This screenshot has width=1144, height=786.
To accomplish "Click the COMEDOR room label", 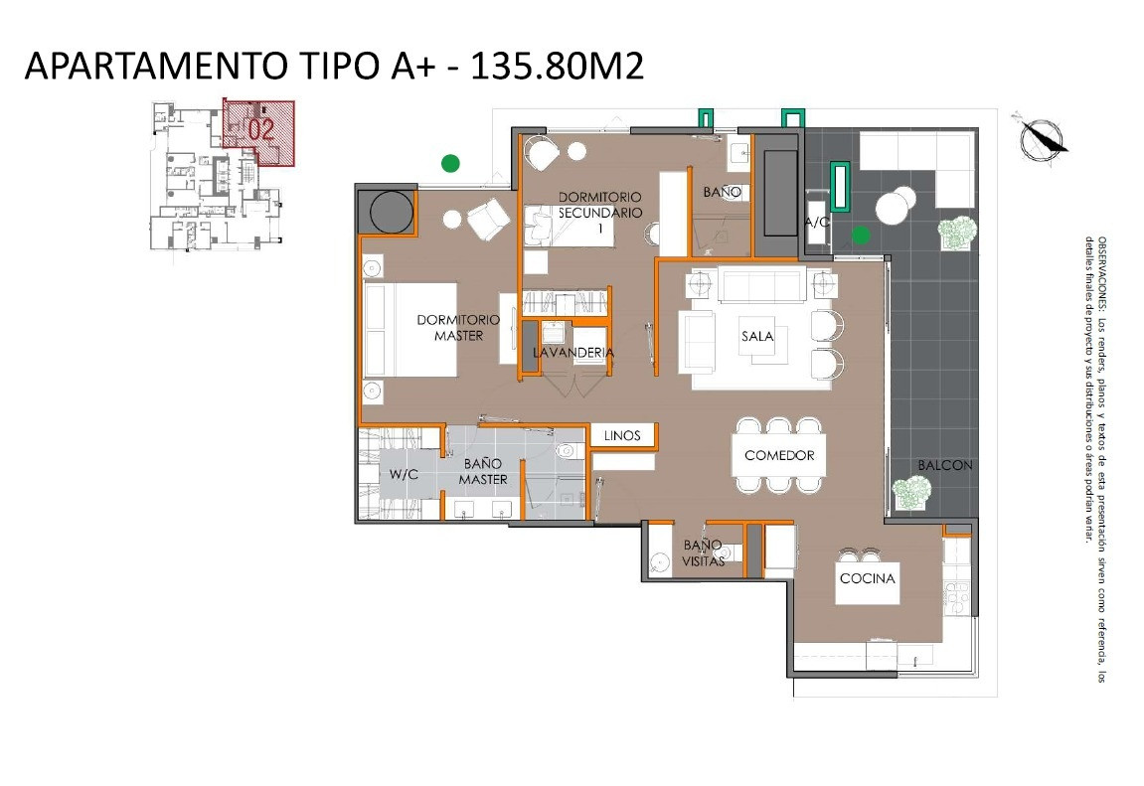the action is [x=779, y=455].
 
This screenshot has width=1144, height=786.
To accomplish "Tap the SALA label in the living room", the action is [x=757, y=336].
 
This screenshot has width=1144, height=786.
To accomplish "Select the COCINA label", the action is [x=867, y=578].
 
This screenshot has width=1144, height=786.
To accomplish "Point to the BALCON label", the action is [x=945, y=464].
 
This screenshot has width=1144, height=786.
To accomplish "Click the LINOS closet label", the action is [x=622, y=435].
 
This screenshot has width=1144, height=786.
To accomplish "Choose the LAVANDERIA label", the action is [x=573, y=352].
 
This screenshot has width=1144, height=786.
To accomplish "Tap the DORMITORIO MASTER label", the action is [x=458, y=327].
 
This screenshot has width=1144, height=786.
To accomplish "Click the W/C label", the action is [x=404, y=474].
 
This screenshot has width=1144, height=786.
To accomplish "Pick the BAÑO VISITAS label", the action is [x=704, y=552].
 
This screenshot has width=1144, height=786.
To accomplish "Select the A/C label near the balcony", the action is [x=817, y=222].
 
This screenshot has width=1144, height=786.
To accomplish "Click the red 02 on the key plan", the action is [x=261, y=130].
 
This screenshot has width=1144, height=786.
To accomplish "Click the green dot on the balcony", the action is [x=861, y=235].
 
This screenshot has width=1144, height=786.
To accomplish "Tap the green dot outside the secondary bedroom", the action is [x=451, y=163].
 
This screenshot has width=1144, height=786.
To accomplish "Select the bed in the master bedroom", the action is [x=410, y=330].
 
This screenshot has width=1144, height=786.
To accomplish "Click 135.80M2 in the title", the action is [x=557, y=66].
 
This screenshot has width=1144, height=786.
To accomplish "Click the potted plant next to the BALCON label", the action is [x=912, y=493].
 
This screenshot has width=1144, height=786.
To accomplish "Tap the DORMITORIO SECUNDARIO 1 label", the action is [x=599, y=213].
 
